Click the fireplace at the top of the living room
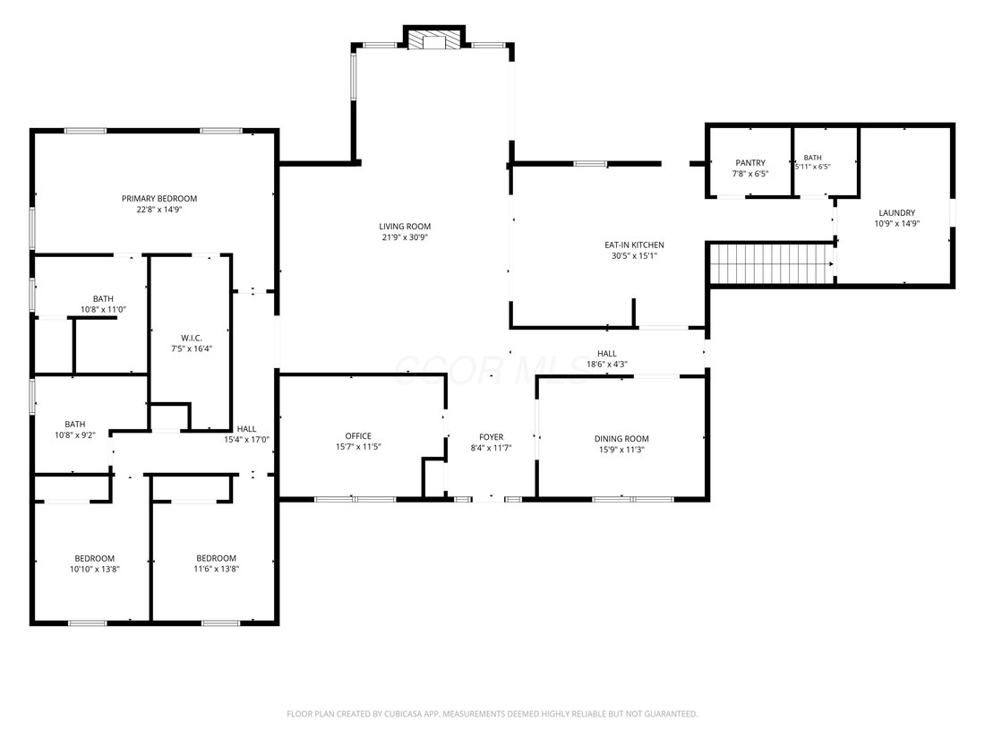(x=433, y=39)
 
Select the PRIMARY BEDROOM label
(x=159, y=199)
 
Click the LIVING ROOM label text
(x=405, y=227)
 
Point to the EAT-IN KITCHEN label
(x=635, y=245)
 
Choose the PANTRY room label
(x=750, y=163)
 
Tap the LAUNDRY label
(x=897, y=213)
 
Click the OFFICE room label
(x=359, y=436)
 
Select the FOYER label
(x=492, y=437)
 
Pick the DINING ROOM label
(x=622, y=439)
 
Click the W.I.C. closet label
(x=192, y=338)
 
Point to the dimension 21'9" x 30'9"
(x=405, y=237)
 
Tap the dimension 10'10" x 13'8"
(x=95, y=570)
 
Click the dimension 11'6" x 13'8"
(x=217, y=570)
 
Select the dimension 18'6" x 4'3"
(x=607, y=365)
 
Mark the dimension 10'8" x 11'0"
(x=104, y=310)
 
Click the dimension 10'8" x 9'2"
(x=75, y=434)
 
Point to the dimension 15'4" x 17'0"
(x=247, y=440)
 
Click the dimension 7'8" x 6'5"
(x=750, y=174)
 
